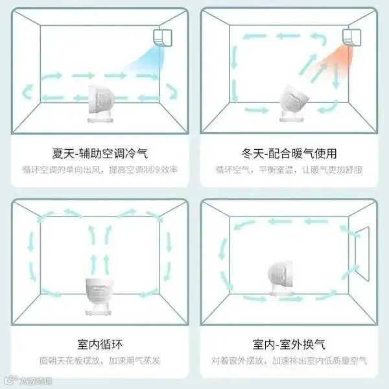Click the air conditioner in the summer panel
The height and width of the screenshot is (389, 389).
[163, 38]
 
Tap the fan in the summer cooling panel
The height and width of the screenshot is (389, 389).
[100, 104]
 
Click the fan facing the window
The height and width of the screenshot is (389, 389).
[281, 277]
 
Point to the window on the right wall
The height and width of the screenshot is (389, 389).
[362, 253]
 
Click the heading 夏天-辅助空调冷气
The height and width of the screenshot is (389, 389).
[100, 153]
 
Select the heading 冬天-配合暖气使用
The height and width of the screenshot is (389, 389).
[289, 153]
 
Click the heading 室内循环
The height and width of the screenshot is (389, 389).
[100, 344]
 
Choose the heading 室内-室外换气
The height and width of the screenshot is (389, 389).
[289, 344]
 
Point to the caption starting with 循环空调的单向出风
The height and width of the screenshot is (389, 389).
[100, 170]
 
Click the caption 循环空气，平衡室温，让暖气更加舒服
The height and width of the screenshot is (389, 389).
[289, 170]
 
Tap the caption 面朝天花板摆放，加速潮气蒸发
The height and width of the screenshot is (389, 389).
[100, 360]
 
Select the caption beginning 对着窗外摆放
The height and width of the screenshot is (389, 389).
[289, 360]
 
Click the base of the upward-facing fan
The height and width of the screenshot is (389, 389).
[98, 312]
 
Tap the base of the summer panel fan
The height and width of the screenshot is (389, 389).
[100, 119]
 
